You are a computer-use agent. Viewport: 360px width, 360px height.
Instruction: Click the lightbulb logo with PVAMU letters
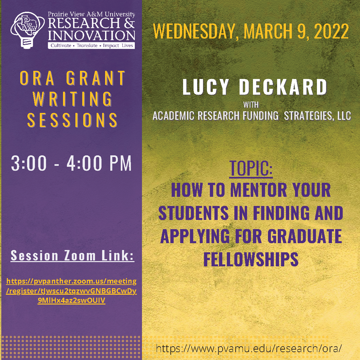pyautogui.click(x=27, y=30)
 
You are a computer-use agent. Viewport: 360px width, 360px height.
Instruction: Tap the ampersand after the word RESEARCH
pyautogui.click(x=129, y=23)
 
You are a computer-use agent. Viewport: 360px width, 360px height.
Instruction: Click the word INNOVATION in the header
pyautogui.click(x=91, y=35)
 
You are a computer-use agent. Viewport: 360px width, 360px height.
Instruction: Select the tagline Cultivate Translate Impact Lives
pyautogui.click(x=91, y=45)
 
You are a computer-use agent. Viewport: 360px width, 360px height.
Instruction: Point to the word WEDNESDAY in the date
pyautogui.click(x=194, y=31)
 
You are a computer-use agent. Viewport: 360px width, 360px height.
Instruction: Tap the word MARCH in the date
pyautogui.click(x=268, y=31)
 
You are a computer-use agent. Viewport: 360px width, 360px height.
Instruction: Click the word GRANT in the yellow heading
pyautogui.click(x=96, y=78)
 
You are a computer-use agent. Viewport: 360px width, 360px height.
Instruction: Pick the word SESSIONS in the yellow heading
pyautogui.click(x=72, y=120)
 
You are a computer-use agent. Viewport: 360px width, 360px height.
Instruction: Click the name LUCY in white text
pyautogui.click(x=206, y=87)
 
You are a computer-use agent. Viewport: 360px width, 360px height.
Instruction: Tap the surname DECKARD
pyautogui.click(x=283, y=87)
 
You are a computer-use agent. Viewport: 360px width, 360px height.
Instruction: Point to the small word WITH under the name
pyautogui.click(x=251, y=105)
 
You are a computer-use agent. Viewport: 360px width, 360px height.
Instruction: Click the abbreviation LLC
pyautogui.click(x=344, y=116)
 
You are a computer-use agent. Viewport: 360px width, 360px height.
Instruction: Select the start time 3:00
pyautogui.click(x=29, y=163)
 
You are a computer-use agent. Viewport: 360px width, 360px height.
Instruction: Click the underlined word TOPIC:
pyautogui.click(x=251, y=168)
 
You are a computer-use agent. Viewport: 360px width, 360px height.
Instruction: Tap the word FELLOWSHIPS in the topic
pyautogui.click(x=251, y=259)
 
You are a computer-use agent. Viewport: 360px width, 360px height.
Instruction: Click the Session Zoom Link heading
pyautogui.click(x=72, y=255)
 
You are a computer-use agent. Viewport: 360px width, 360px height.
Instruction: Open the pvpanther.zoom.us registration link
pyautogui.click(x=71, y=291)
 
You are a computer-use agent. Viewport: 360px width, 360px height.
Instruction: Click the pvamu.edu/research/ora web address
pyautogui.click(x=249, y=348)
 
